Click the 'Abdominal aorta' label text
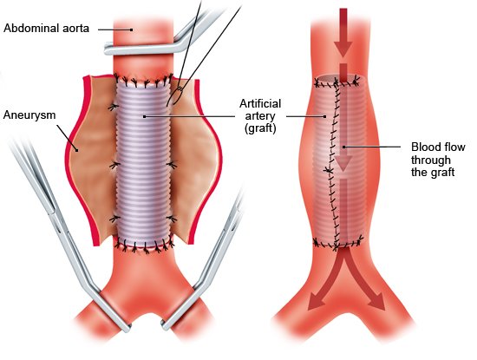click(x=47, y=29)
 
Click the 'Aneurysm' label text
click(x=29, y=115)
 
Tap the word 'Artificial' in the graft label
click(x=260, y=103)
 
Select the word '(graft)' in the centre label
click(x=260, y=128)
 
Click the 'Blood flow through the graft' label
click(x=438, y=160)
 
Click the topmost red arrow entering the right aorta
click(x=343, y=32)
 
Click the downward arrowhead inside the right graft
click(x=343, y=163)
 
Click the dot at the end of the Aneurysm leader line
click(x=77, y=150)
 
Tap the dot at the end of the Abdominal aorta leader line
click(x=132, y=29)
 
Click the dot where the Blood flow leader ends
click(x=343, y=147)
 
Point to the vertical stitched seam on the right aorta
click(x=333, y=164)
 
